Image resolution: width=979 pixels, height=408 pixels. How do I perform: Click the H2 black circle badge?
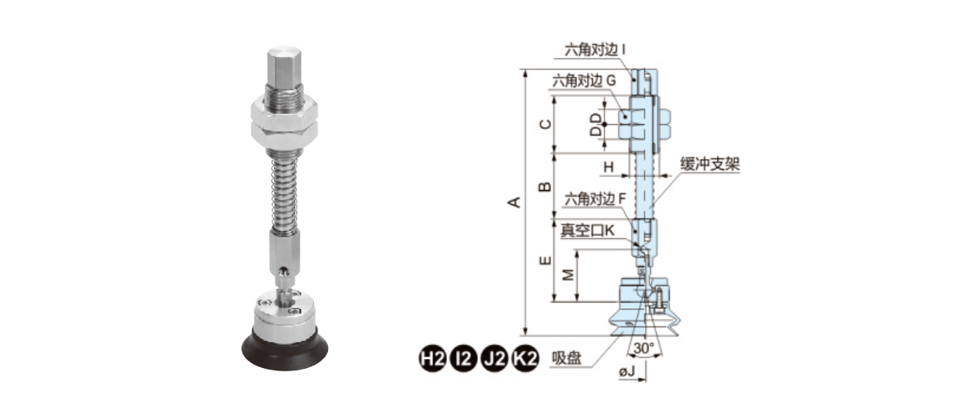(432, 359)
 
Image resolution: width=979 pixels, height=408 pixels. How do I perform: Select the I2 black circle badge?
(463, 359)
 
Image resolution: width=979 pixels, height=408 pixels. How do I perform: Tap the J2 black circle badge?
(494, 359)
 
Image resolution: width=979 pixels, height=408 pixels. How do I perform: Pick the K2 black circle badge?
(525, 359)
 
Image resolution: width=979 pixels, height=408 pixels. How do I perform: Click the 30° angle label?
(644, 348)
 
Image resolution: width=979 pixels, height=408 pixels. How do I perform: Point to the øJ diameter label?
(627, 372)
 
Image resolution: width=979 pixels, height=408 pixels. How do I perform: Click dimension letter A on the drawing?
(515, 202)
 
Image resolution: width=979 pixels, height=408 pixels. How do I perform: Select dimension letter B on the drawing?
(545, 187)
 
